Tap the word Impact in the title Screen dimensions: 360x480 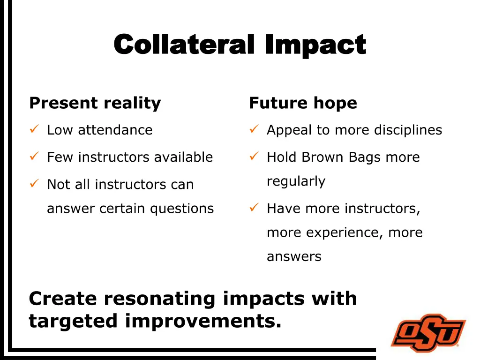[315, 46]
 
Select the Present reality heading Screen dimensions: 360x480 [95, 103]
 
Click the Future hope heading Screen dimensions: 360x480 [303, 103]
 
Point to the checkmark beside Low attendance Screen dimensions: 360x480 [33, 129]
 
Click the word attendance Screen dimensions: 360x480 [115, 130]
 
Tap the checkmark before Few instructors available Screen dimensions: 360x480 [33, 156]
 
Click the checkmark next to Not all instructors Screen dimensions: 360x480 [33, 183]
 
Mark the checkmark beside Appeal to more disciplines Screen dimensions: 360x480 [254, 129]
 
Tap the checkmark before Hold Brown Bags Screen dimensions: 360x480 [254, 156]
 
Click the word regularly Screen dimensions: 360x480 [296, 181]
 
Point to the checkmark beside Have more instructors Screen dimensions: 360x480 [254, 207]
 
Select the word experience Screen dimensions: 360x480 [347, 233]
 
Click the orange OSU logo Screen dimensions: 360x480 [428, 333]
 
